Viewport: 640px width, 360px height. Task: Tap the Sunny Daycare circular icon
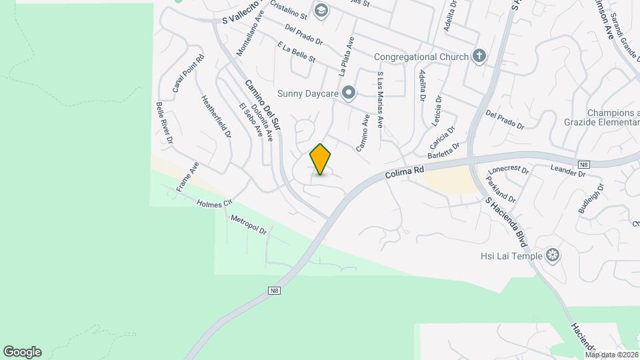click(x=347, y=93)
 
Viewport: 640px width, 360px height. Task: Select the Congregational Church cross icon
click(x=479, y=57)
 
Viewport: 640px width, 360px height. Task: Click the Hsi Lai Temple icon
click(x=552, y=255)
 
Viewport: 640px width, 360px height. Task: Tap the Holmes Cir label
click(x=213, y=202)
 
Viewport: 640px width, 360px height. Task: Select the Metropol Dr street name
click(x=248, y=224)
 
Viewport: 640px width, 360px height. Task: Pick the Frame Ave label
click(x=187, y=177)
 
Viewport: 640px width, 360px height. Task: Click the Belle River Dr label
click(x=164, y=123)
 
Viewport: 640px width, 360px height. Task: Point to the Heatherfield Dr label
click(x=216, y=116)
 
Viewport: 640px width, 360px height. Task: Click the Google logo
click(x=21, y=351)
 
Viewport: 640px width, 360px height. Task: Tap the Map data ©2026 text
click(x=611, y=355)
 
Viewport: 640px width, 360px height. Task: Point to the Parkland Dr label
click(x=501, y=189)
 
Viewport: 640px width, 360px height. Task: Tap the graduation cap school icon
click(x=321, y=10)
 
